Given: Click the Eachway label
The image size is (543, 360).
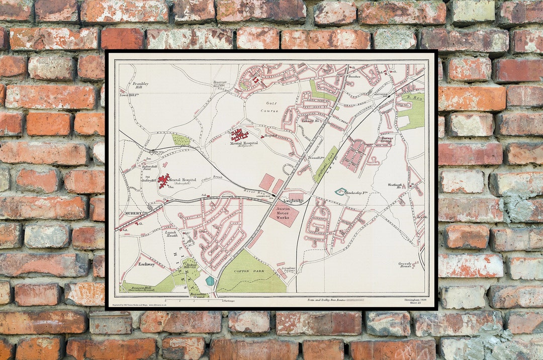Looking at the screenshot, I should click(x=147, y=263).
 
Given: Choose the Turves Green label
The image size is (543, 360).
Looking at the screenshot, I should click(x=386, y=139).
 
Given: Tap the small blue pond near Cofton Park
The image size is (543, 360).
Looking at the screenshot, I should click(x=210, y=281).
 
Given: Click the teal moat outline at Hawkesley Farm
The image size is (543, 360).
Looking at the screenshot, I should click(x=341, y=191).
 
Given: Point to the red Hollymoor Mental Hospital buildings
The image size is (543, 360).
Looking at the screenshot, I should click(x=239, y=135).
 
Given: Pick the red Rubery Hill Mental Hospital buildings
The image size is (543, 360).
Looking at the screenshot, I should click(x=163, y=180).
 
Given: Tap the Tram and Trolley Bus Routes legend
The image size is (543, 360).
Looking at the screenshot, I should click(x=329, y=300).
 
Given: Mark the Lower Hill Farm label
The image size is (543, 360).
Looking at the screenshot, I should click(x=129, y=95).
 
